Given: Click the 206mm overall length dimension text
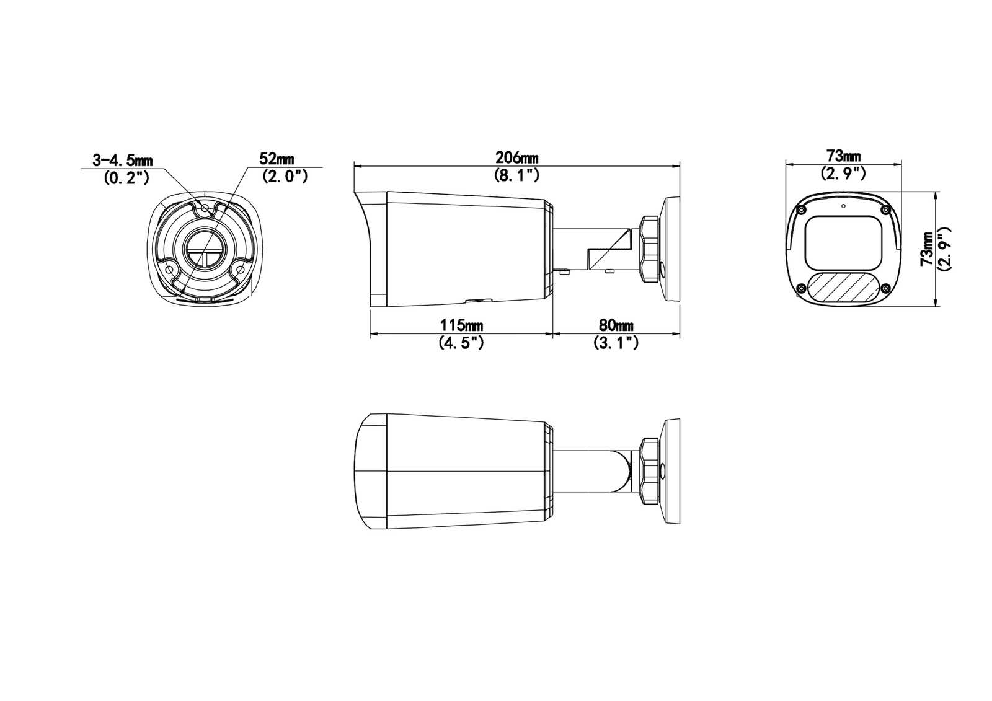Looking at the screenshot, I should point(516,157).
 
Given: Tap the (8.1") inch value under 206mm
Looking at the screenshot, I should point(516,175).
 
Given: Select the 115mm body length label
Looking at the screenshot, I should point(462,325).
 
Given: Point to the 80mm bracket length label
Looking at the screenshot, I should point(616,325).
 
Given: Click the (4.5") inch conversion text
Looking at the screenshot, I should point(461,343).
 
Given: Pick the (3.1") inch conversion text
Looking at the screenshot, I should point(616,343).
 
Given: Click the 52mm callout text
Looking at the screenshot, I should point(277,159).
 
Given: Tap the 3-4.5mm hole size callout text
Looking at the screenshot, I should point(122,160).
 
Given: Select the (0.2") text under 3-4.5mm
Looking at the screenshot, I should point(126,178).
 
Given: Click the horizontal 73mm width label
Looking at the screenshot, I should point(843,156).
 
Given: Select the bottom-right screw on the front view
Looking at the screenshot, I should point(886,288).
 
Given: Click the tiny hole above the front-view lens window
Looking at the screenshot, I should point(843,205).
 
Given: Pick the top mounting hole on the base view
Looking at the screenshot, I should point(205,209).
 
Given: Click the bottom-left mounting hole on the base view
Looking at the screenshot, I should point(170,270).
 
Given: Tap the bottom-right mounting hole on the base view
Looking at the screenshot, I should point(239,270).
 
